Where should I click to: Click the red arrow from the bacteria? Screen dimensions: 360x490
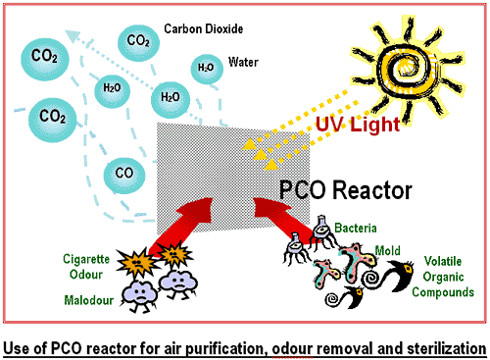click(284, 219)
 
